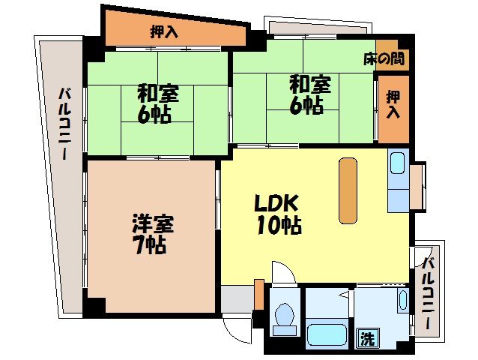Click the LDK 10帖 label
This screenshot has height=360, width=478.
click(x=277, y=214)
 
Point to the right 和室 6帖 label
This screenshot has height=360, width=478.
click(x=306, y=94)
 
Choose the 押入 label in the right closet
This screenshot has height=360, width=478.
click(x=393, y=105)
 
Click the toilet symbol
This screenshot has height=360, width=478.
click(x=284, y=319)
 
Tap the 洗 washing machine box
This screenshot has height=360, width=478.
click(x=367, y=337)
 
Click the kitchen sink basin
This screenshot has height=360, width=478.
click(x=396, y=163)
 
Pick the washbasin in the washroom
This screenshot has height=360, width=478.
click(x=402, y=302)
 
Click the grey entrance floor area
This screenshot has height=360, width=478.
click(x=237, y=300)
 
